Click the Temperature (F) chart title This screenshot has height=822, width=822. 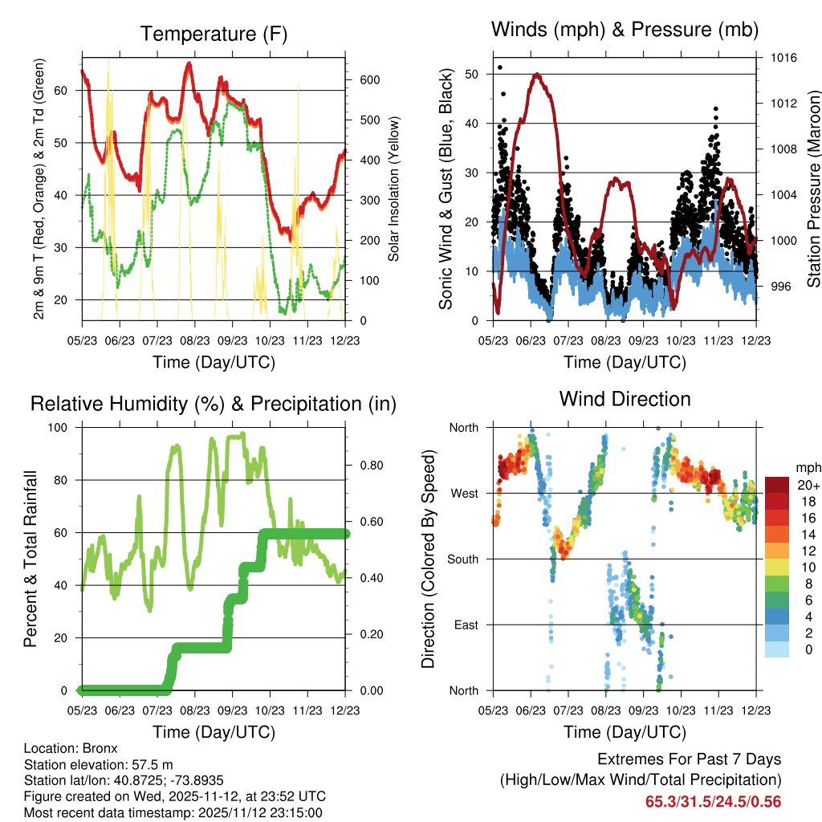click(x=214, y=34)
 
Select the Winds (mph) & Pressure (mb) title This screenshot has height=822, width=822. click(x=625, y=30)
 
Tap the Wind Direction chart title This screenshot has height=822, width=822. click(x=625, y=398)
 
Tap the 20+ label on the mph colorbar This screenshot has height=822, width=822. click(x=808, y=486)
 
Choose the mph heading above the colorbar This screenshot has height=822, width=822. click(x=807, y=467)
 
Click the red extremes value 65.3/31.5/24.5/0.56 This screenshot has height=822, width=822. click(x=713, y=801)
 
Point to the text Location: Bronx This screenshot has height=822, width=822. click(x=71, y=748)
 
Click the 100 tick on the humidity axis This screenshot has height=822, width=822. click(x=64, y=427)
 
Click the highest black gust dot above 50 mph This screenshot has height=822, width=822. click(x=500, y=67)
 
